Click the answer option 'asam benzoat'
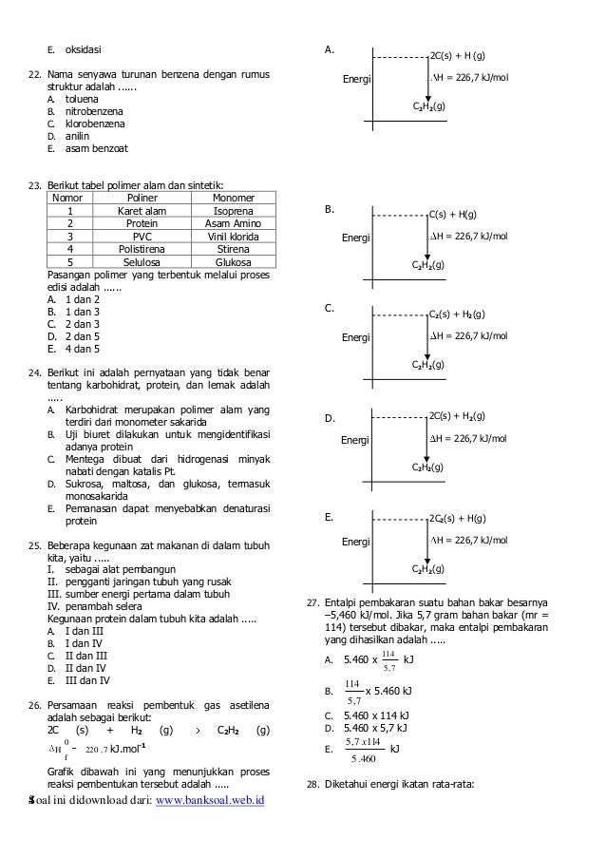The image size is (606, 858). (x=93, y=148)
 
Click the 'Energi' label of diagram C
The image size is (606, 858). (x=356, y=337)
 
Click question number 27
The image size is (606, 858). (x=312, y=601)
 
